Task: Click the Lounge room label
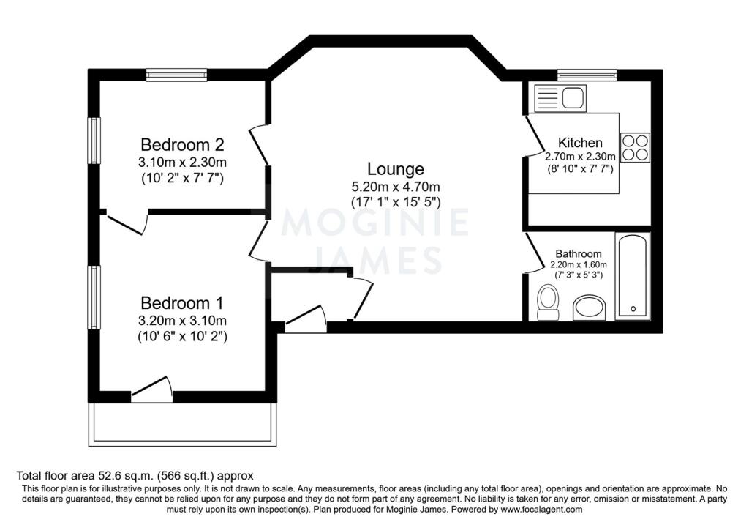395,169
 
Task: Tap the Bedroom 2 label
182,144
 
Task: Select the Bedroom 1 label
182,303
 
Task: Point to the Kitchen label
580,143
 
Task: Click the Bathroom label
578,254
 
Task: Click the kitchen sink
560,99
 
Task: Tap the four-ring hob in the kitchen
636,147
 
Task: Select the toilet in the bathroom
548,302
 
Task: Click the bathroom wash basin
589,308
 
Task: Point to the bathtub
633,276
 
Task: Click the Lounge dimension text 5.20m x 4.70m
396,187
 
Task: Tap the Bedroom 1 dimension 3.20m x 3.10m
182,321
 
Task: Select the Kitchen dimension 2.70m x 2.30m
580,157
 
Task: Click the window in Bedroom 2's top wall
176,75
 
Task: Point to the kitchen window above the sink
587,75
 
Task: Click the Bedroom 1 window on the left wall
94,297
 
